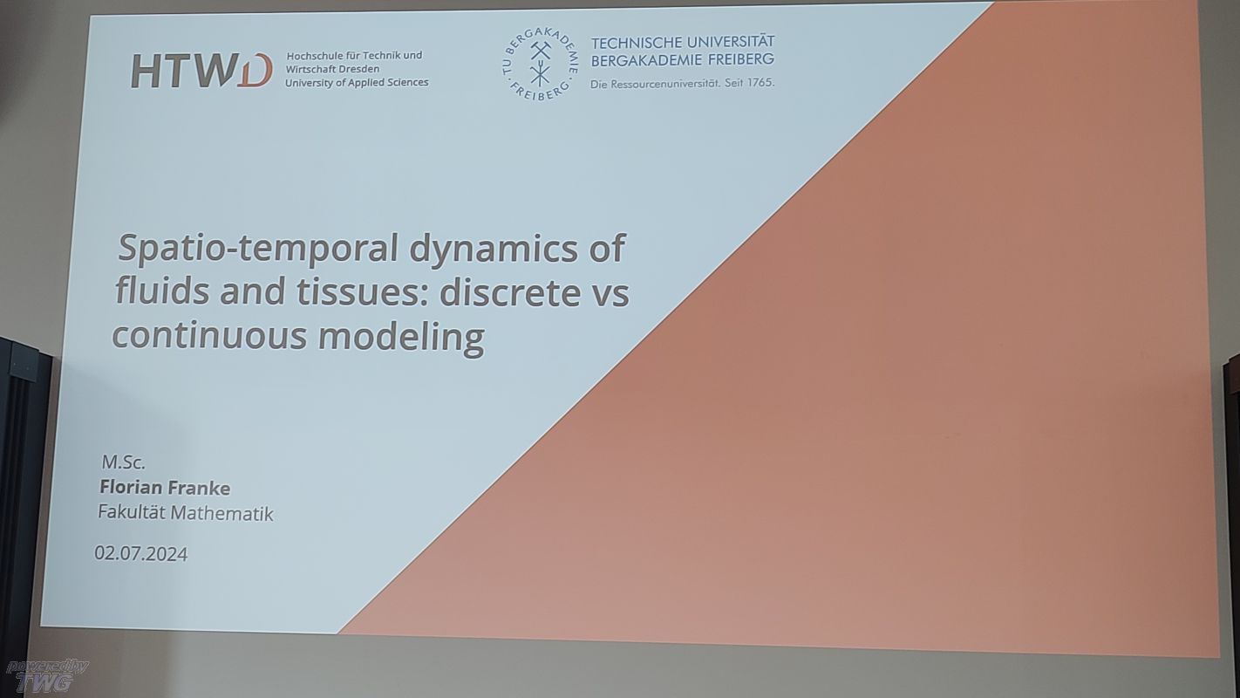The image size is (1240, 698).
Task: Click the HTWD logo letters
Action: tap(202, 71)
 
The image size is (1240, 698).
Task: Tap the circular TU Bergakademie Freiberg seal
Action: tap(540, 65)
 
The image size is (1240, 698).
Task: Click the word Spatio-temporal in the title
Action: tap(258, 248)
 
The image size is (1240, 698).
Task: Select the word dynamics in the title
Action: tap(494, 247)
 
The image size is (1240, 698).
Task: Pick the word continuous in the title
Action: tap(209, 335)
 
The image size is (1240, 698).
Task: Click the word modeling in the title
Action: tap(401, 338)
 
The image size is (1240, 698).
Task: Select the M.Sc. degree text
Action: tap(123, 462)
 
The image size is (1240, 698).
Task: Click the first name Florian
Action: tap(131, 487)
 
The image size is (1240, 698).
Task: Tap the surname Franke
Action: tap(199, 488)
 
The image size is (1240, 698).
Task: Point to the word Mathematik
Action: tap(221, 514)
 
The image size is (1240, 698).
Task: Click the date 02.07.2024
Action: tap(141, 553)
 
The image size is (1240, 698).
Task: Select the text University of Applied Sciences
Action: tap(357, 83)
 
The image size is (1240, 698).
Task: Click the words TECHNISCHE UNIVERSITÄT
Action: tap(683, 42)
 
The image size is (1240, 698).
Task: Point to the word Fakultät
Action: tap(132, 512)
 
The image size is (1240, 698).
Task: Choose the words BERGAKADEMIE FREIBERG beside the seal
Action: tap(683, 60)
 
